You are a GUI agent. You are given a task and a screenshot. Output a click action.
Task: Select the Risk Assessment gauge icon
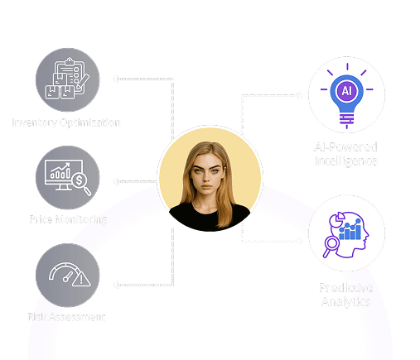click(67, 277)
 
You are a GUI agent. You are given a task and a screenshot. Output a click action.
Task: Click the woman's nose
click(209, 180)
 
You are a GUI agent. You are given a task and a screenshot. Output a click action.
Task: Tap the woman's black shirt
click(210, 217)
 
